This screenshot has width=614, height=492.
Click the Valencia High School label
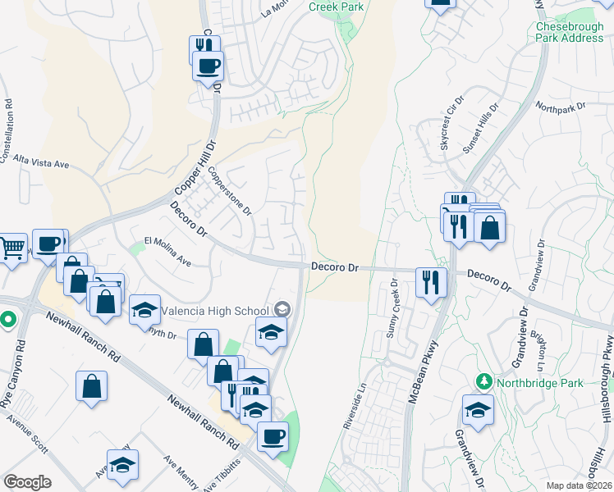(x=217, y=310)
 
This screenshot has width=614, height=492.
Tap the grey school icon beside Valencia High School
(x=282, y=309)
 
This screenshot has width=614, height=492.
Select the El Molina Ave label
(x=167, y=252)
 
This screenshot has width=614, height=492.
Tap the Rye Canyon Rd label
(x=14, y=382)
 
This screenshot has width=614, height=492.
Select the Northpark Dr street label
(x=559, y=107)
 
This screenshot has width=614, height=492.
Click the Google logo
(x=27, y=481)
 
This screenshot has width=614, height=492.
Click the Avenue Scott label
(x=27, y=434)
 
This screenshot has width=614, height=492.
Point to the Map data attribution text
(x=580, y=485)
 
